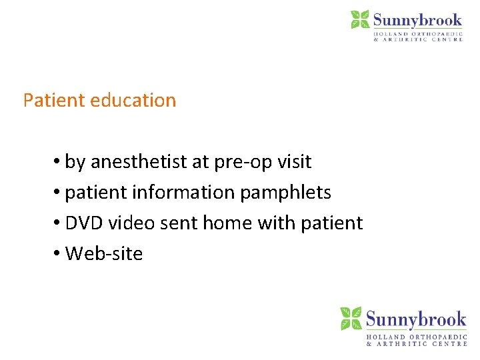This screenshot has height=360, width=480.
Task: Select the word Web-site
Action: click(104, 254)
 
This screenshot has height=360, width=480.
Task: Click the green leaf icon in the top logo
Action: click(360, 19)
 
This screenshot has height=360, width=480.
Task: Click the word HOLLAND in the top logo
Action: click(393, 33)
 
